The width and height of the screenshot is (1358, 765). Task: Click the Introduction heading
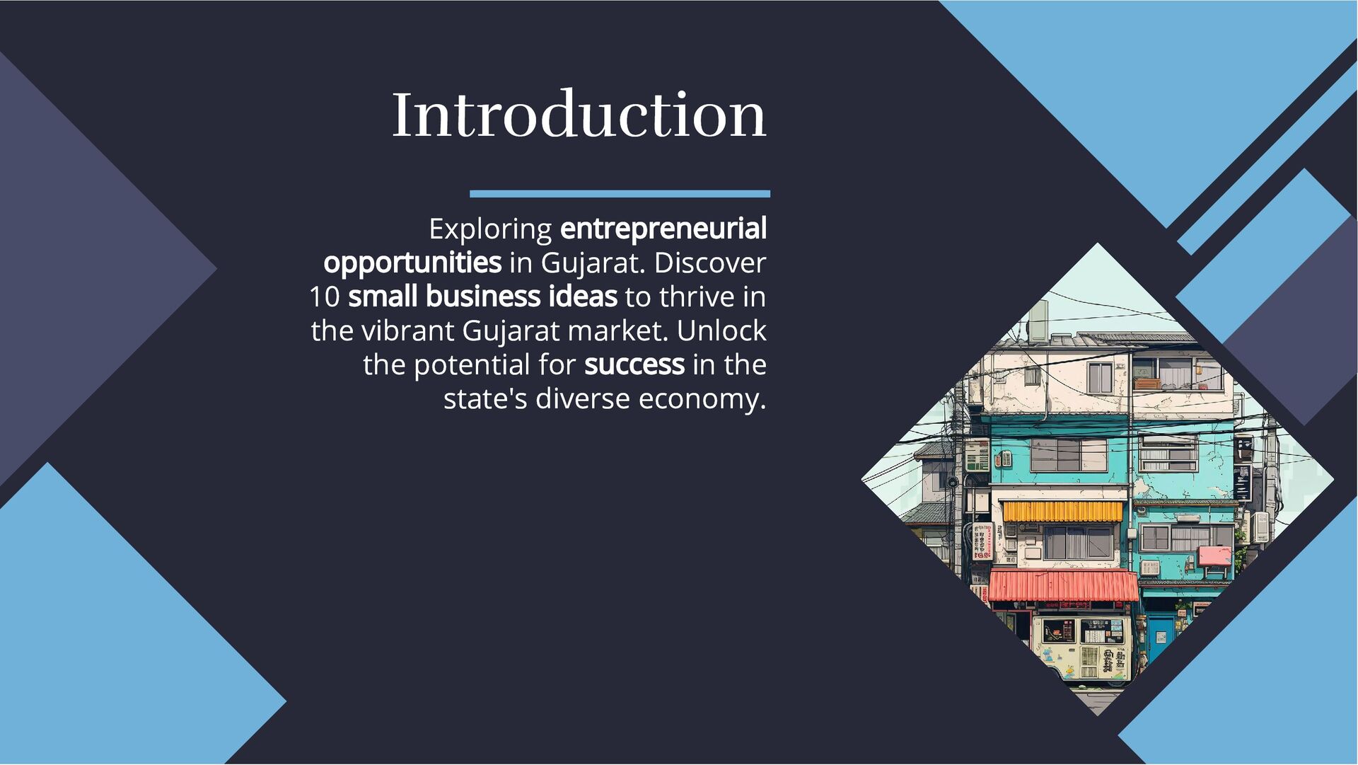click(579, 115)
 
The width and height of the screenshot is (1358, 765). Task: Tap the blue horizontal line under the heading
click(620, 193)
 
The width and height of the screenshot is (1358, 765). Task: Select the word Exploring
click(490, 229)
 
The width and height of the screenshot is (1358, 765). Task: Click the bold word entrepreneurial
click(663, 229)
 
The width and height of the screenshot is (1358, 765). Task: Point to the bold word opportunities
click(412, 263)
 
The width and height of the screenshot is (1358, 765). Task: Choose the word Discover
click(710, 263)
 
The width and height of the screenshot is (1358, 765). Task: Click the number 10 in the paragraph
click(325, 297)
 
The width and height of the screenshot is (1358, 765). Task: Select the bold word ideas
click(582, 297)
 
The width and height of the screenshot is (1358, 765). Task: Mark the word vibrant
click(407, 331)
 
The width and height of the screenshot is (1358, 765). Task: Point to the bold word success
click(634, 365)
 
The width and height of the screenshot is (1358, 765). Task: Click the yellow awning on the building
click(1062, 511)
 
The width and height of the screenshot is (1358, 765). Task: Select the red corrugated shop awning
click(1063, 586)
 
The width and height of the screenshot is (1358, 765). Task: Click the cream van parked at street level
click(1082, 648)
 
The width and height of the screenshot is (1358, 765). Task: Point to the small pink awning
click(1215, 555)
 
